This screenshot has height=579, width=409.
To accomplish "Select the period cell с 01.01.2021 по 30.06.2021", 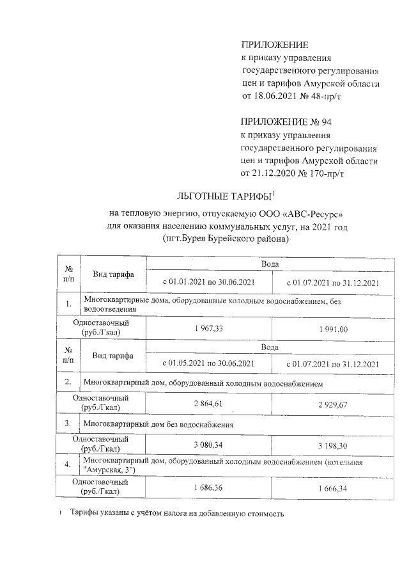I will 209,282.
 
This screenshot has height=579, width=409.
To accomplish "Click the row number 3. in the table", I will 68,424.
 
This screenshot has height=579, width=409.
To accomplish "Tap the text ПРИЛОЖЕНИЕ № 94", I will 286,122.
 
